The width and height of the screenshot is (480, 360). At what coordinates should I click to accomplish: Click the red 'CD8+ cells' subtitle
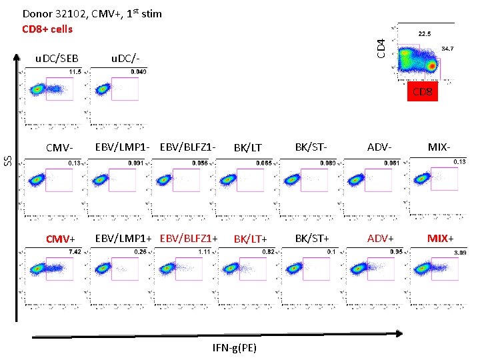(x=47, y=29)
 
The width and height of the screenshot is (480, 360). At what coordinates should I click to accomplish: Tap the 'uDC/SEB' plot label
(x=57, y=59)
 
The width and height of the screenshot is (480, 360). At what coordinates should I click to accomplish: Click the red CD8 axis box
(x=423, y=92)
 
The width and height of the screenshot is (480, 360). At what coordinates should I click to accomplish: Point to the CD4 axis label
(x=381, y=47)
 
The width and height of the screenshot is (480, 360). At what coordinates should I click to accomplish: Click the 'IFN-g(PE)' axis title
(x=235, y=347)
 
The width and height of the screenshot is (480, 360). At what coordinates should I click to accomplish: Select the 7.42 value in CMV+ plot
(x=74, y=252)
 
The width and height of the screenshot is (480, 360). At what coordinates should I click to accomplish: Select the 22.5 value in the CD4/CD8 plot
(x=425, y=33)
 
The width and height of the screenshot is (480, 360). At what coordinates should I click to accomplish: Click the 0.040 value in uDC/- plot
(x=139, y=71)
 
